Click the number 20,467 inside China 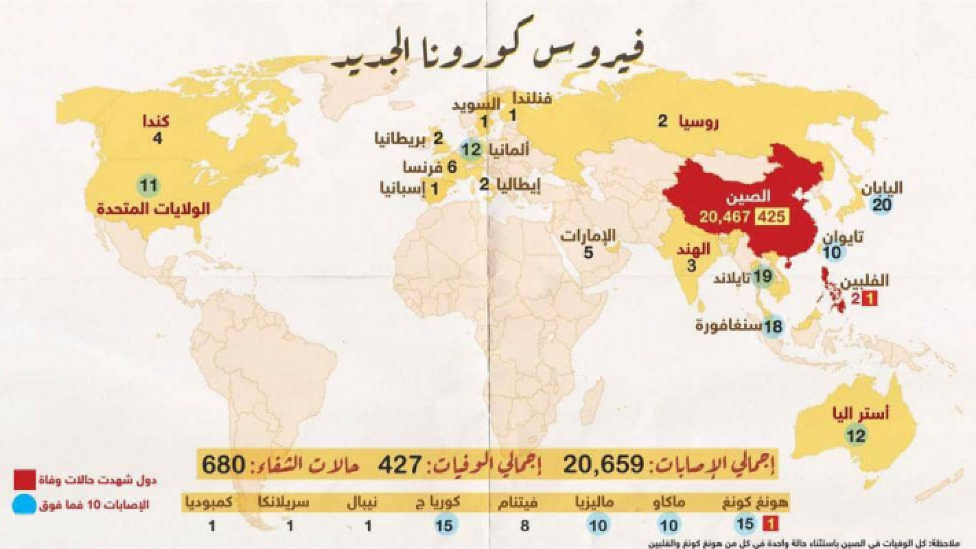(724, 217)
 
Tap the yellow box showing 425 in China (771, 217)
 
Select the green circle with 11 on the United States (148, 186)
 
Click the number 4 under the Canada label (158, 138)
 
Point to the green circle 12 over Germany (471, 149)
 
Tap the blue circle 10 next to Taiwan (832, 252)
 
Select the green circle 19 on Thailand (762, 277)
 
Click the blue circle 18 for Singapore (773, 326)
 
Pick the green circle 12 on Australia (856, 436)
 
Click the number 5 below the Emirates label (588, 252)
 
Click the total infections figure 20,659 (603, 464)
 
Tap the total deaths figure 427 (400, 464)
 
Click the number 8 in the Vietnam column (524, 525)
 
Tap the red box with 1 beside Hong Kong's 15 (771, 524)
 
